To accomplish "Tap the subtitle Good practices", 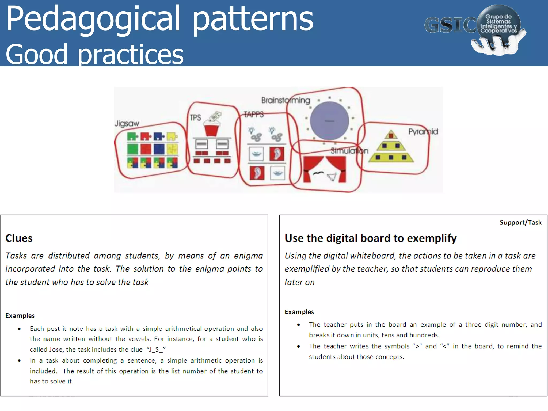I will click(94, 54).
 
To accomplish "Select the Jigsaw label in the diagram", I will click(127, 124).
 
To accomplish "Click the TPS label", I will click(195, 118).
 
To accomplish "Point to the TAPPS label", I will click(254, 115).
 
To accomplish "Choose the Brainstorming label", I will click(286, 100).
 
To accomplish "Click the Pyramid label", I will click(423, 132).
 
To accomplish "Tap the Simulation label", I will click(349, 151).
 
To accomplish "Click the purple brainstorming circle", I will click(329, 121).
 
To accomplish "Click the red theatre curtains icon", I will click(325, 169).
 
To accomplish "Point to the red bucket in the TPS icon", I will click(211, 130).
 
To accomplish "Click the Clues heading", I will click(19, 238).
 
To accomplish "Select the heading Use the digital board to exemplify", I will click(371, 238).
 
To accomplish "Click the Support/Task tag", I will click(520, 223).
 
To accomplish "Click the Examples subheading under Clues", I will click(20, 316).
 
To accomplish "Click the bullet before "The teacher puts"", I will click(299, 325).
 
